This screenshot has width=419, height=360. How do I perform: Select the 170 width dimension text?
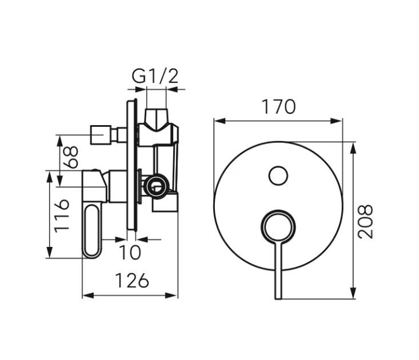(x=278, y=107)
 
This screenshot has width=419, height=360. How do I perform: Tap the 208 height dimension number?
(x=367, y=221)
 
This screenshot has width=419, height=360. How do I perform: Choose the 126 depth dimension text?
(x=132, y=281)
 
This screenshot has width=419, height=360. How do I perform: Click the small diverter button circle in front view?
(x=278, y=175)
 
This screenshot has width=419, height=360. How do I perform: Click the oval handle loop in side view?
(x=93, y=231)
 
